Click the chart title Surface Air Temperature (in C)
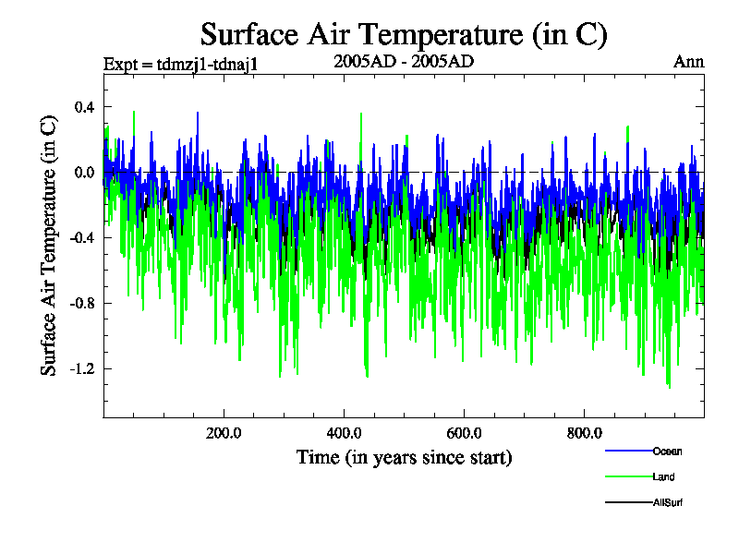[404, 35]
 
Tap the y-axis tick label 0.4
[85, 107]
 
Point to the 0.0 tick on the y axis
[85, 173]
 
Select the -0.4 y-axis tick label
[82, 238]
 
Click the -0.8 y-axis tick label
[82, 304]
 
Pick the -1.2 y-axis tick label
[82, 369]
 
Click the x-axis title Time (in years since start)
[404, 457]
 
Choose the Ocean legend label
[668, 452]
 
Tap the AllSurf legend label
[668, 503]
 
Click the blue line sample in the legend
[628, 451]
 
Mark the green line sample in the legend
[628, 476]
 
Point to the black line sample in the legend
[628, 502]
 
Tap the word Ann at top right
[689, 63]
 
